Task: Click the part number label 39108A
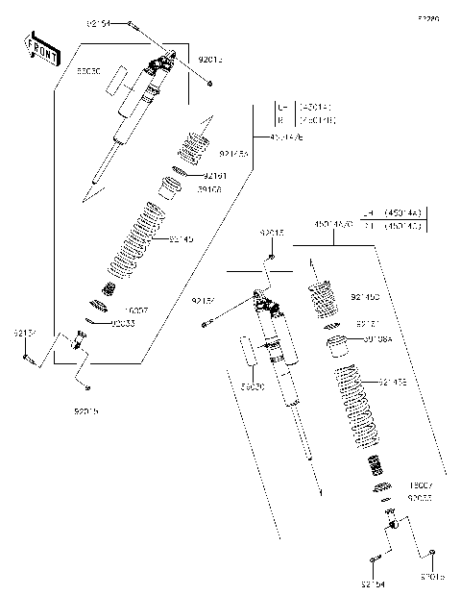tap(377, 338)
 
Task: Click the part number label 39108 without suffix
tap(209, 189)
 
